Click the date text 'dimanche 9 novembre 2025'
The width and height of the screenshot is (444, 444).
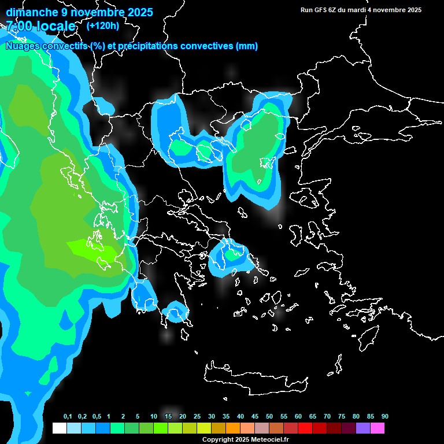click(x=79, y=12)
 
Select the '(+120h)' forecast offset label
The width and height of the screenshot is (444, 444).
click(x=103, y=25)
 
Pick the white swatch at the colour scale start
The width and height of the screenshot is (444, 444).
click(x=59, y=428)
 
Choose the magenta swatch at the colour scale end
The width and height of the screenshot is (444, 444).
click(x=378, y=428)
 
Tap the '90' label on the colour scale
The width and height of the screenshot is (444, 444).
click(x=385, y=417)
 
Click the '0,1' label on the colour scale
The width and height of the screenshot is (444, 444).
click(x=68, y=417)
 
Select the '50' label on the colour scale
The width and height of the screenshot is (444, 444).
click(x=269, y=417)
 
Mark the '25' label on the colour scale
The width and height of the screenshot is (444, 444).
click(x=197, y=417)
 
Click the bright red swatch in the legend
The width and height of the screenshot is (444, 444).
click(x=305, y=428)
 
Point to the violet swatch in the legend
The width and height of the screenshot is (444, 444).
click(x=363, y=428)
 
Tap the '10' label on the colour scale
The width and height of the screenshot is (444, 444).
click(x=154, y=417)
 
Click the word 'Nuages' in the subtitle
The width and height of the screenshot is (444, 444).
click(x=23, y=46)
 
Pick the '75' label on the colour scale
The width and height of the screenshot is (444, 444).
click(x=342, y=417)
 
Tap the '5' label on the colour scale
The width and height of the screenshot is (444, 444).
click(x=138, y=417)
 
